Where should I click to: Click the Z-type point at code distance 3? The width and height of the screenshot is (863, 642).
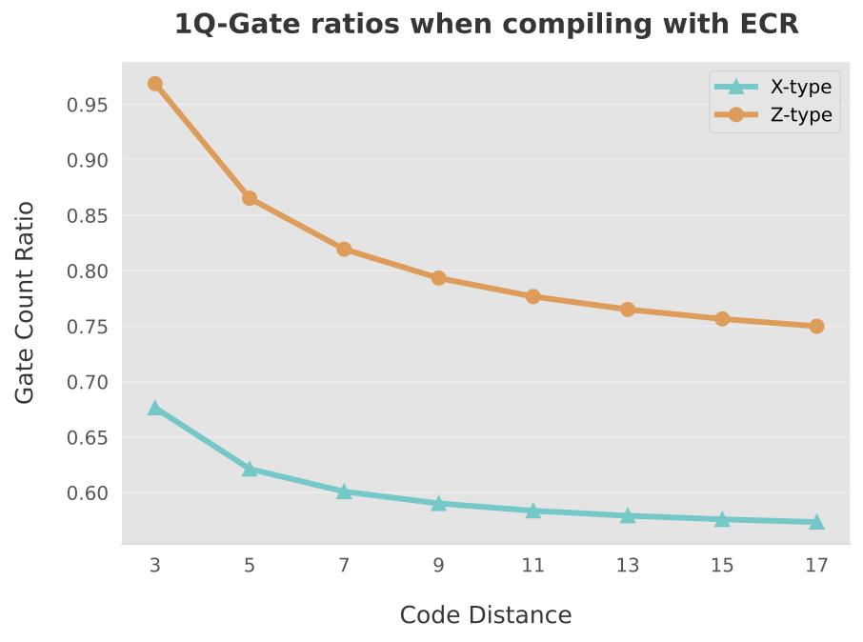pyautogui.click(x=155, y=84)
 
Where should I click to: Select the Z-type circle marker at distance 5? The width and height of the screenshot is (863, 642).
pyautogui.click(x=250, y=198)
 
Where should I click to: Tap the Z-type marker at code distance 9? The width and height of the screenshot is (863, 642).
pyautogui.click(x=438, y=278)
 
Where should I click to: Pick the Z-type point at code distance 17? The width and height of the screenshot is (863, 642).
pyautogui.click(x=816, y=326)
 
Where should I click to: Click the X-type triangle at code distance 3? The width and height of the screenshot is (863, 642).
pyautogui.click(x=155, y=408)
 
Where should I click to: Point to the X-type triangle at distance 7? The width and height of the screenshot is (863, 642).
pyautogui.click(x=344, y=492)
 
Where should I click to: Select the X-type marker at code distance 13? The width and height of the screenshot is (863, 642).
pyautogui.click(x=628, y=515)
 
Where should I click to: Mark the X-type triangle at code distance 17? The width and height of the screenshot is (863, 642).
pyautogui.click(x=816, y=522)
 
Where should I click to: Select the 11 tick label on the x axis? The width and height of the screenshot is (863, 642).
pyautogui.click(x=532, y=566)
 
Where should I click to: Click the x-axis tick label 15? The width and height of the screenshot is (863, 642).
pyautogui.click(x=722, y=566)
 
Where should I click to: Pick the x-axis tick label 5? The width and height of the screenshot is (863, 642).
pyautogui.click(x=250, y=566)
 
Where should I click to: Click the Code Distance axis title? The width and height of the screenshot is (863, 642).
pyautogui.click(x=486, y=615)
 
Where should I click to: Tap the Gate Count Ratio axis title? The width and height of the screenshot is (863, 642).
pyautogui.click(x=26, y=302)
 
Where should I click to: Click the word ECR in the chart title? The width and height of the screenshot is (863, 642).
pyautogui.click(x=767, y=25)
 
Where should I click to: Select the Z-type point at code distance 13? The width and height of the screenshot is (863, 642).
pyautogui.click(x=628, y=310)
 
